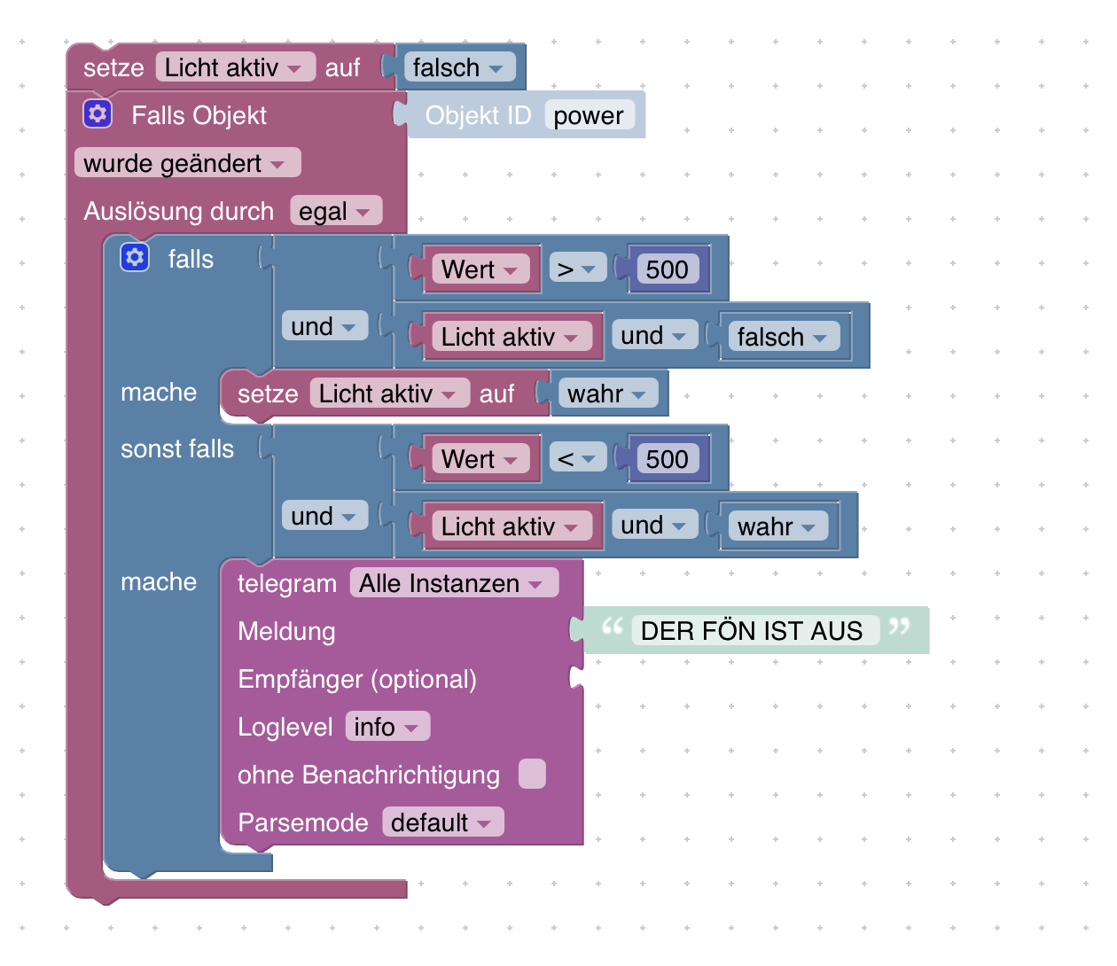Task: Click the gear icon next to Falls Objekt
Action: pyautogui.click(x=98, y=114)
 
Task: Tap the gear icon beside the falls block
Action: pyautogui.click(x=135, y=258)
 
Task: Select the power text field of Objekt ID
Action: pyautogui.click(x=589, y=115)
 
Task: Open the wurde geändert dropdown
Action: pyautogui.click(x=187, y=163)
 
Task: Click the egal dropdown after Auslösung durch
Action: pyautogui.click(x=335, y=212)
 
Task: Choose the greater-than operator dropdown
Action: pyautogui.click(x=576, y=269)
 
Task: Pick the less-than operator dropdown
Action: pyautogui.click(x=576, y=458)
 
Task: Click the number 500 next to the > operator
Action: pyautogui.click(x=667, y=269)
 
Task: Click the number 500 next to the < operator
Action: pyautogui.click(x=667, y=459)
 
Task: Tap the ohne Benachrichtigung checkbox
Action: pyautogui.click(x=532, y=774)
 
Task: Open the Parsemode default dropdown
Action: pyautogui.click(x=441, y=822)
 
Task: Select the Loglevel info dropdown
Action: pyautogui.click(x=387, y=727)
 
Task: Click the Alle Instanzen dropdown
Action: pyautogui.click(x=452, y=583)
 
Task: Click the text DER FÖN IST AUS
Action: pyautogui.click(x=751, y=631)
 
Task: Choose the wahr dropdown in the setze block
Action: pyautogui.click(x=607, y=393)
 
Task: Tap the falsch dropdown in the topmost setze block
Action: pyautogui.click(x=457, y=67)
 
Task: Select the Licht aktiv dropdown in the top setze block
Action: pyautogui.click(x=234, y=67)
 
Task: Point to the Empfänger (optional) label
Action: pyautogui.click(x=357, y=679)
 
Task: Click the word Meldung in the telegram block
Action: pyautogui.click(x=286, y=631)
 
